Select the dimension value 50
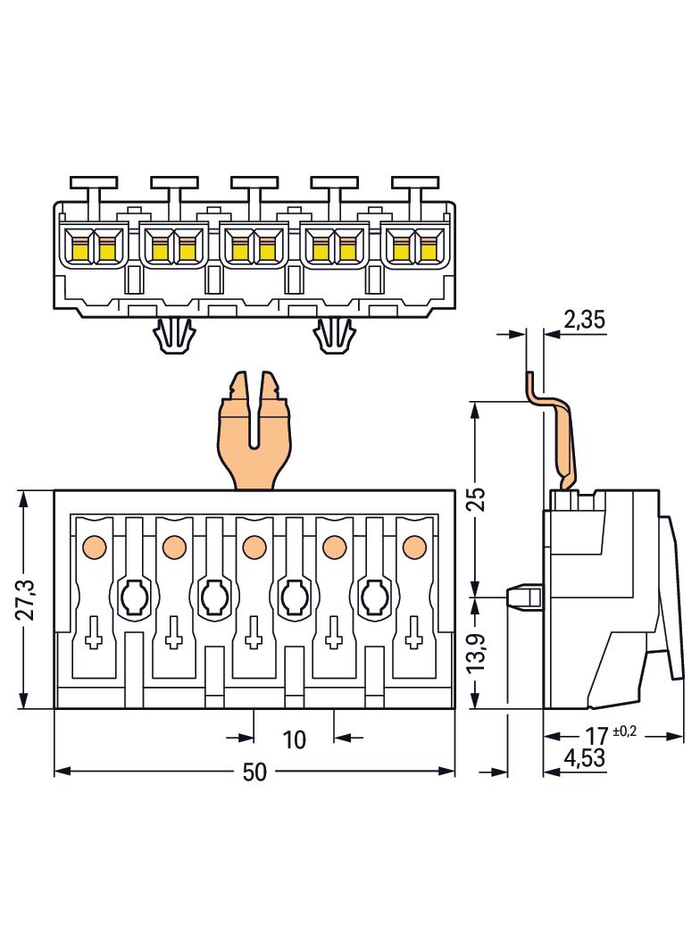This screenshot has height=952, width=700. pyautogui.click(x=254, y=772)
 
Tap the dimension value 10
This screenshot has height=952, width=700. pyautogui.click(x=294, y=739)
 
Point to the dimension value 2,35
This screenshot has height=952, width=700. pyautogui.click(x=585, y=320)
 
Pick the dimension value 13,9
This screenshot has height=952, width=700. pyautogui.click(x=479, y=652)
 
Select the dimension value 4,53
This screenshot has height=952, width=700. pyautogui.click(x=585, y=760)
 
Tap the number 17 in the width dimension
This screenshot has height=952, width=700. pyautogui.click(x=596, y=737)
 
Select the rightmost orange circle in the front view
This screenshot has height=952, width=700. pyautogui.click(x=413, y=545)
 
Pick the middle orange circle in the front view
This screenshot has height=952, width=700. pyautogui.click(x=254, y=545)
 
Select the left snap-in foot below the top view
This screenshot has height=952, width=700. pyautogui.click(x=175, y=336)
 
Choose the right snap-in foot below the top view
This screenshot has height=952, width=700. pyautogui.click(x=334, y=336)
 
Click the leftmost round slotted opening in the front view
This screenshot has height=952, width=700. pyautogui.click(x=133, y=597)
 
